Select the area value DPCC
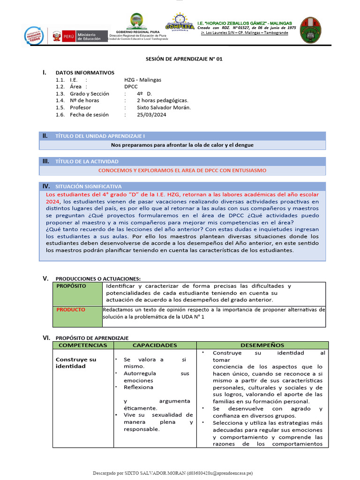[x=131, y=87]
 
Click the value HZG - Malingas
[x=142, y=80]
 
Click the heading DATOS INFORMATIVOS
[x=84, y=73]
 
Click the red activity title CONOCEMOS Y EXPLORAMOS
[x=182, y=170]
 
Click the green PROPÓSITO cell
[x=77, y=293]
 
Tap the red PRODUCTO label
[x=71, y=309]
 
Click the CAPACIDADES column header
[x=154, y=345]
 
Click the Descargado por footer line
[x=180, y=473]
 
